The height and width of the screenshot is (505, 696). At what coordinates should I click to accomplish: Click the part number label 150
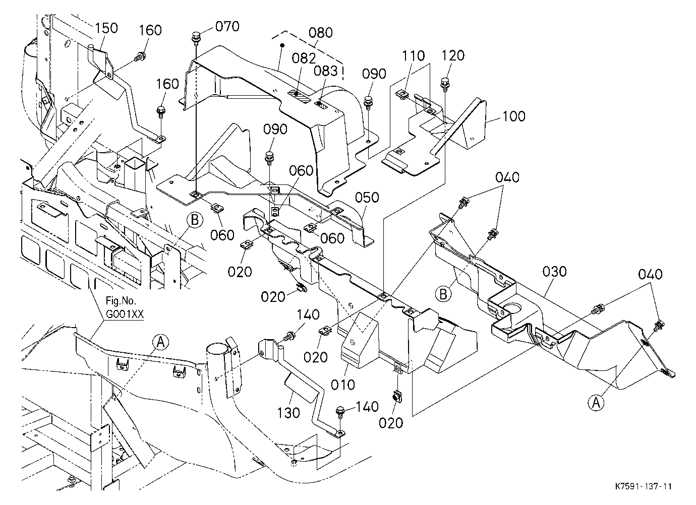106,28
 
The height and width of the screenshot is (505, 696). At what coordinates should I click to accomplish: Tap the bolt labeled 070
196,37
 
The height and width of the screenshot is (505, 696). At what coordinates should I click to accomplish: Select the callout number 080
321,33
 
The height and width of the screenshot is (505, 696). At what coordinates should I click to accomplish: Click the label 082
304,58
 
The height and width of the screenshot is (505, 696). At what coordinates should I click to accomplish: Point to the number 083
325,72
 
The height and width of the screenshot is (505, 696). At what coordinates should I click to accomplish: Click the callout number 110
413,56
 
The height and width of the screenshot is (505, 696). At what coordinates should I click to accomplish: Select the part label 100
513,116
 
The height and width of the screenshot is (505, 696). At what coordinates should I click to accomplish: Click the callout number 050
367,198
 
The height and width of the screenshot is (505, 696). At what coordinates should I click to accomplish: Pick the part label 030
555,272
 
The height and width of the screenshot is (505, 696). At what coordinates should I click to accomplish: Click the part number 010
343,385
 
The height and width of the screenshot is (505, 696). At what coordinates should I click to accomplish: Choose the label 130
288,413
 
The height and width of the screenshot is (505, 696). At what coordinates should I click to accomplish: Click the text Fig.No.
121,301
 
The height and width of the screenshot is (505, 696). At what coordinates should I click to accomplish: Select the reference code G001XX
125,314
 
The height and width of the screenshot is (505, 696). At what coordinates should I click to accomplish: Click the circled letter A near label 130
161,342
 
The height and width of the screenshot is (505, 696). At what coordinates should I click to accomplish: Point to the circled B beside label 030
443,293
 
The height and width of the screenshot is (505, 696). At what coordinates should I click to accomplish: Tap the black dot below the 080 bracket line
282,46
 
